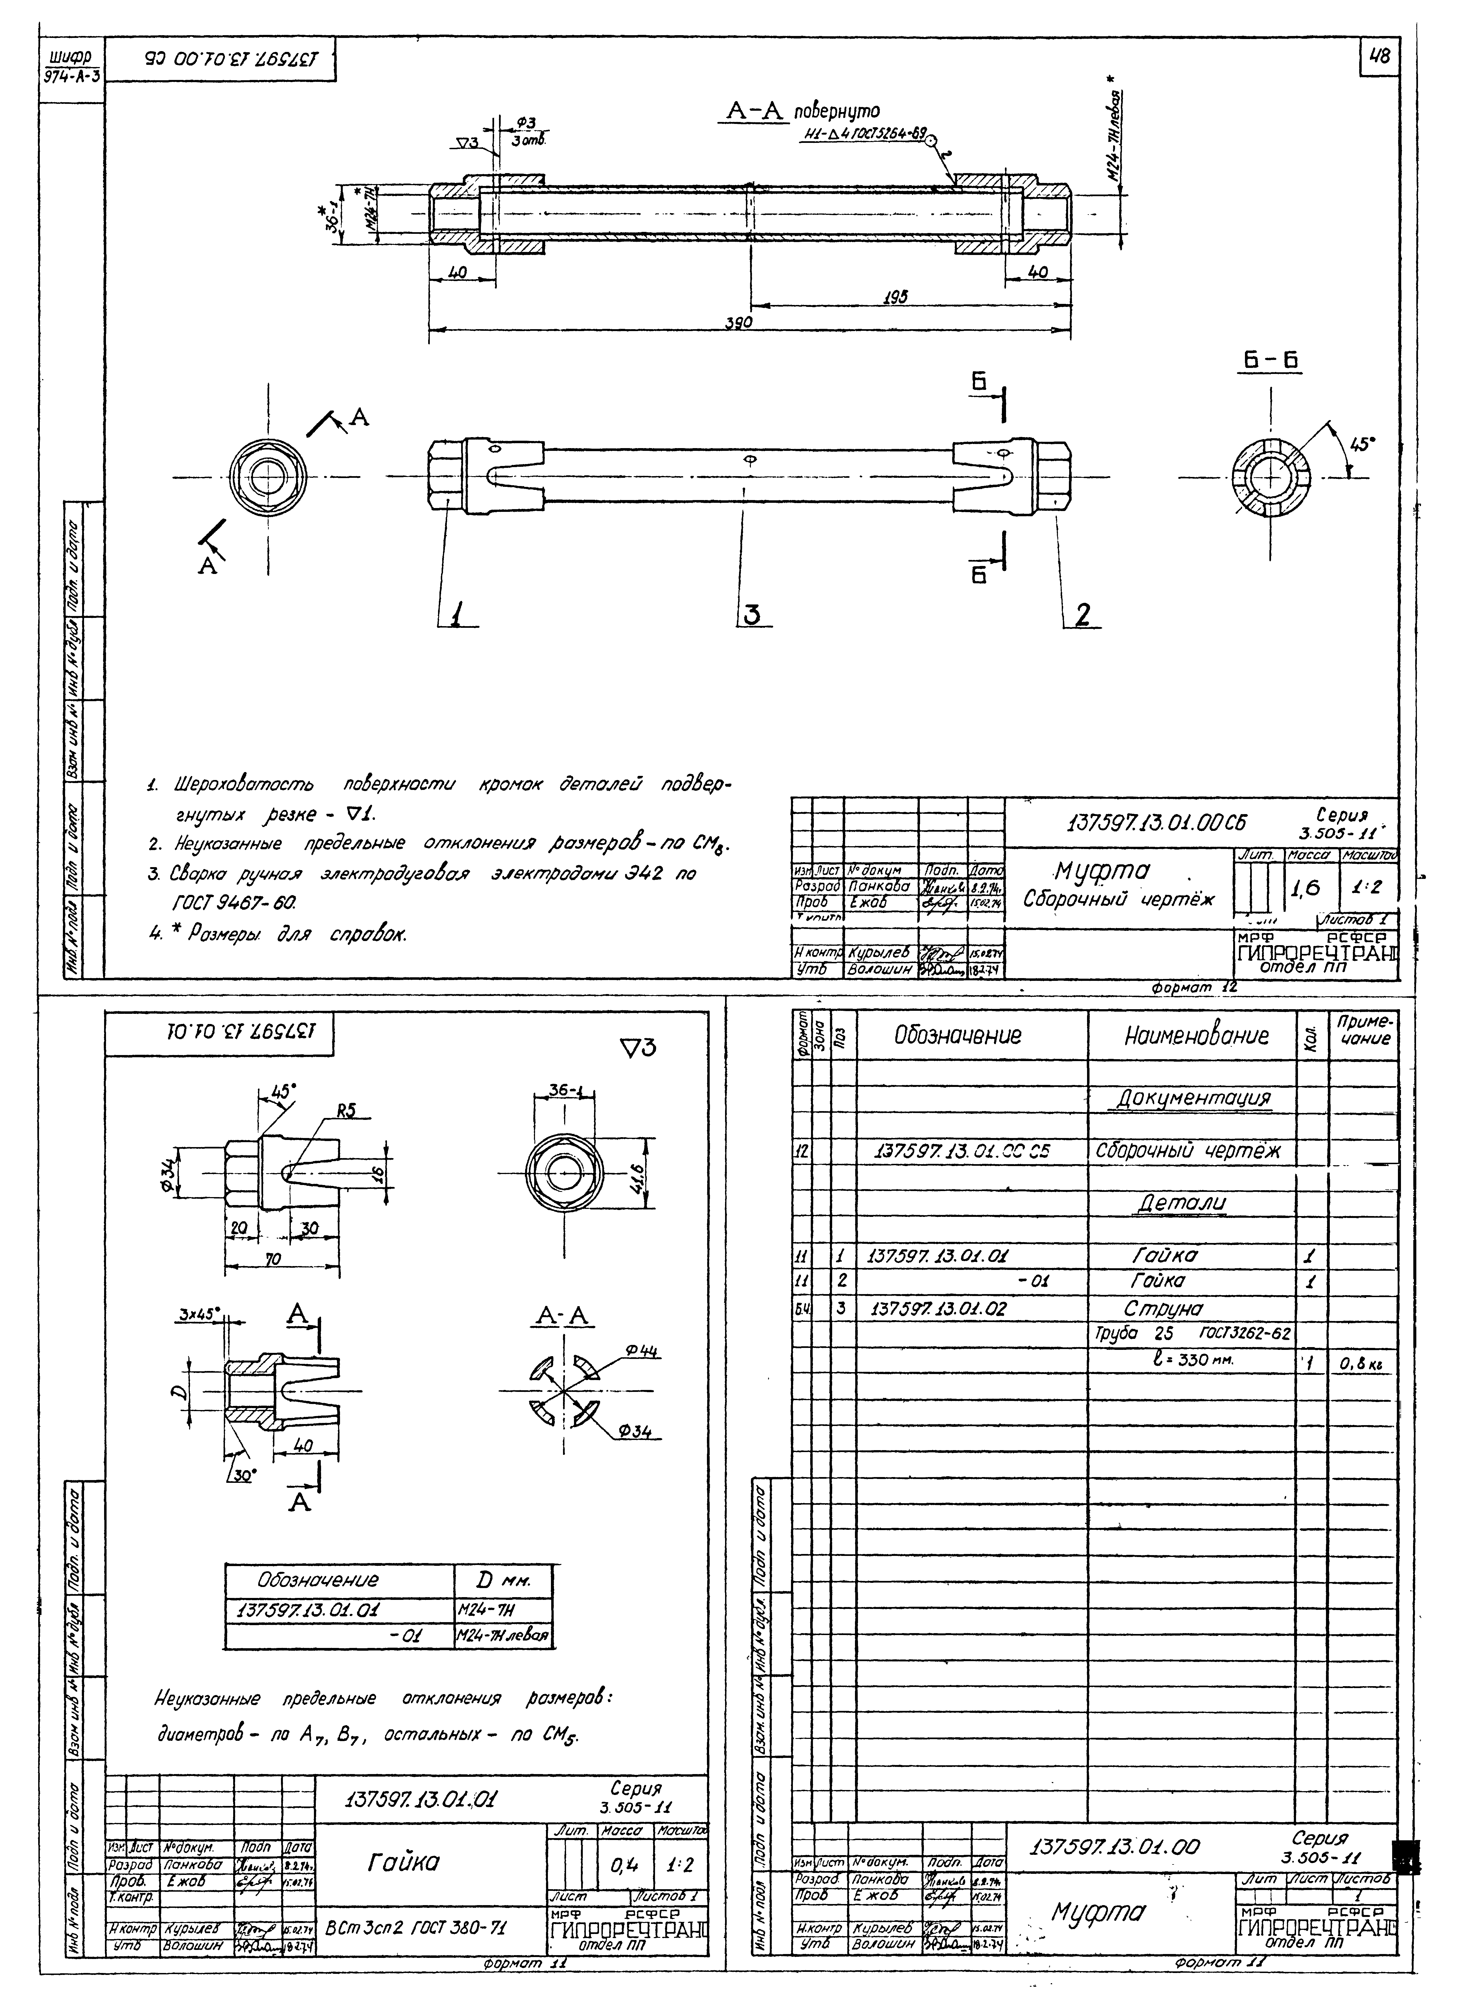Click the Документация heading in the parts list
tap(1192, 1098)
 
